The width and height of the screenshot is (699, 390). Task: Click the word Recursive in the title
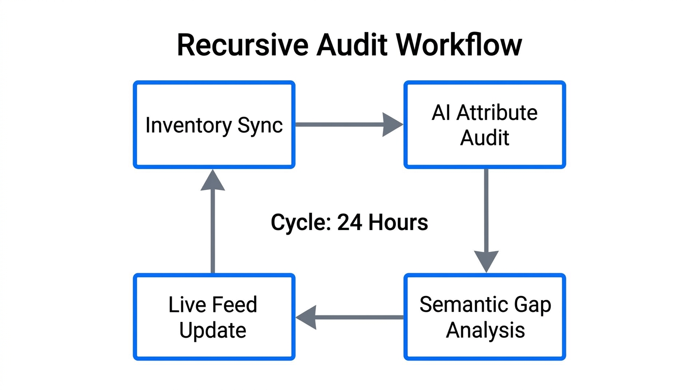point(242,45)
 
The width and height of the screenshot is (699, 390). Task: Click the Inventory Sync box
point(214,125)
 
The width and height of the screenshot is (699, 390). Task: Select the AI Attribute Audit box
point(485,125)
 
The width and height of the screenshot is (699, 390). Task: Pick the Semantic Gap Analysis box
point(485,317)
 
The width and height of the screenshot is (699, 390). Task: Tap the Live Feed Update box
point(214,317)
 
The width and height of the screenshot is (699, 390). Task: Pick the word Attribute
point(497,113)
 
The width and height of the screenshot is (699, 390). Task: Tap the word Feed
point(234,305)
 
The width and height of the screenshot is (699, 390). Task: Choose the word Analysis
point(485,330)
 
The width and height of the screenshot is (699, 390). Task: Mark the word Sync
point(261,125)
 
